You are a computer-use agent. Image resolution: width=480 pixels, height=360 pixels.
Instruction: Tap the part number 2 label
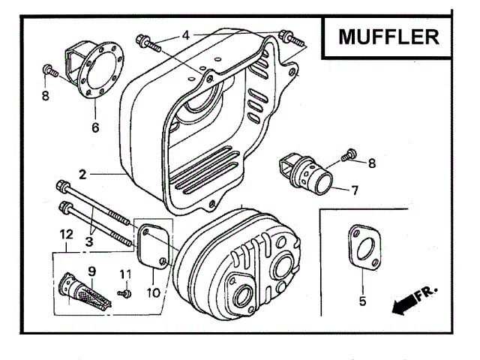coord(83,174)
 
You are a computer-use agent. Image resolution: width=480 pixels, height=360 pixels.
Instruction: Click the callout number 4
coord(186,34)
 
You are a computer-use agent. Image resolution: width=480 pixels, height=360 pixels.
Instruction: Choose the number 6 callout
coord(95,127)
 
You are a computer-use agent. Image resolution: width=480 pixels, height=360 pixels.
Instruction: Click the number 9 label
coord(91,270)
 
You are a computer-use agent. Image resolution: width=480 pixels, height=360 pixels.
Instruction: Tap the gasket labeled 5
coord(363,247)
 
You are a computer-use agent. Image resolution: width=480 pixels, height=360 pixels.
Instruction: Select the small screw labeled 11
coord(124,292)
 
